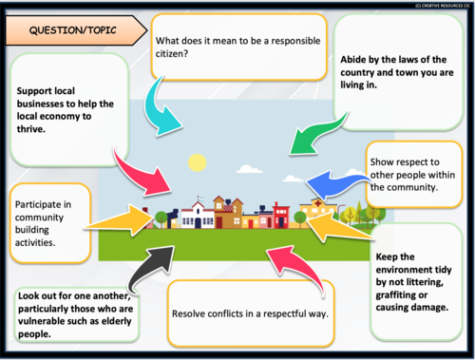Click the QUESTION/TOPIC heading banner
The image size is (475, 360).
pos(71,30)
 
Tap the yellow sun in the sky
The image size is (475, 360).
pos(198,161)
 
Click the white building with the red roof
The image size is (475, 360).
pos(200,214)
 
